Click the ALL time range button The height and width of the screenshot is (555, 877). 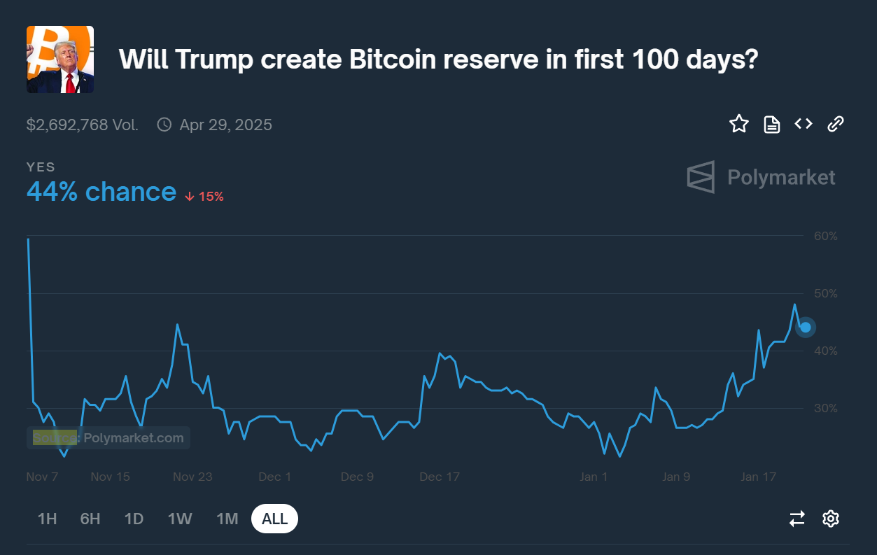tap(274, 519)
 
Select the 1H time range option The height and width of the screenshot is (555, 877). tap(47, 519)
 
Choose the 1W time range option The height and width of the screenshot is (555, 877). tap(180, 519)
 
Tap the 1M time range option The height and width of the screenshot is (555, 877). tap(227, 519)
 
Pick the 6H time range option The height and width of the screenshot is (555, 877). tap(90, 519)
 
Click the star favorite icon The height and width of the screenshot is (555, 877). tap(739, 125)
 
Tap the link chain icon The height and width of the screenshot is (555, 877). tap(836, 125)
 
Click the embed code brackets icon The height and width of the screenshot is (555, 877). tap(804, 125)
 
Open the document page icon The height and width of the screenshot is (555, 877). tap(771, 125)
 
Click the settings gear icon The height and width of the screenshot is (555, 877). tap(831, 519)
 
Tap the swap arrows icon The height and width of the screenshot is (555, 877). tap(797, 519)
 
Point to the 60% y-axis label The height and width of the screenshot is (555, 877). tap(826, 236)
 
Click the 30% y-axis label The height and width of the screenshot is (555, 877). tap(826, 408)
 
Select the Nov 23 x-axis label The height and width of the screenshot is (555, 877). tap(192, 477)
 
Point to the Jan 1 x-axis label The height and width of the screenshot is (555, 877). tap(594, 477)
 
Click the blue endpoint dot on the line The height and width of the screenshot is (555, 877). tap(806, 327)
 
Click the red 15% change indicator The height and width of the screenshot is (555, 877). tap(204, 197)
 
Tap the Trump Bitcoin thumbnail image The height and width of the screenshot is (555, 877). tap(60, 59)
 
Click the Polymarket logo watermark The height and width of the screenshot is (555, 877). tap(761, 177)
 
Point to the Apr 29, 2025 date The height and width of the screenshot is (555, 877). tap(225, 125)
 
